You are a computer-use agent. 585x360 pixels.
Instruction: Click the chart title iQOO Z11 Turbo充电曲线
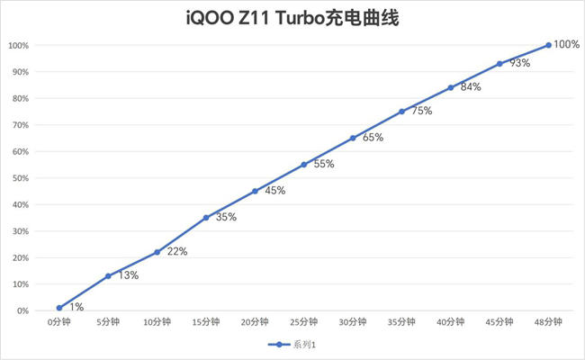[x=292, y=17]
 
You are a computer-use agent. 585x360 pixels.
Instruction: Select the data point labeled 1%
[x=59, y=308]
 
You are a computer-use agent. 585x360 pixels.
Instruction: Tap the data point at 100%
[x=548, y=45]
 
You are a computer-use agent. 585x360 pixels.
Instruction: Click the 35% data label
[x=226, y=217]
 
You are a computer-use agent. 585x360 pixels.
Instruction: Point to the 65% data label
[x=373, y=138]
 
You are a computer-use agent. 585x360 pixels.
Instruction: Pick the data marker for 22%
[x=157, y=252]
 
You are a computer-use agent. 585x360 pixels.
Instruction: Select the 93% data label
[x=519, y=63]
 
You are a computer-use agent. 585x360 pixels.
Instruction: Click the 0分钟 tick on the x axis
[x=59, y=321]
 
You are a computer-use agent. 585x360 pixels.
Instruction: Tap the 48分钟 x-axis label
[x=548, y=321]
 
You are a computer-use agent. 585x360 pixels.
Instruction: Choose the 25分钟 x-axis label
[x=303, y=321]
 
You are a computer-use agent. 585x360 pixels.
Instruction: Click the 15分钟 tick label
[x=206, y=321]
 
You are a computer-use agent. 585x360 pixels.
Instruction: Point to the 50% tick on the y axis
[x=21, y=178]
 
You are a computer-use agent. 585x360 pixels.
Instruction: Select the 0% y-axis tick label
[x=22, y=310]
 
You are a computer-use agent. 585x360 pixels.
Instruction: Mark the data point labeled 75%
[x=401, y=112]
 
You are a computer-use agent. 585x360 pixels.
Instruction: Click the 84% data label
[x=470, y=87]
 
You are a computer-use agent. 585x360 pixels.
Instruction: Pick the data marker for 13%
[x=108, y=276]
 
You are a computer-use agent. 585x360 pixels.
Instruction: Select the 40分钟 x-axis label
[x=450, y=321]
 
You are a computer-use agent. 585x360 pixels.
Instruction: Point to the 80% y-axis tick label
[x=21, y=98]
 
